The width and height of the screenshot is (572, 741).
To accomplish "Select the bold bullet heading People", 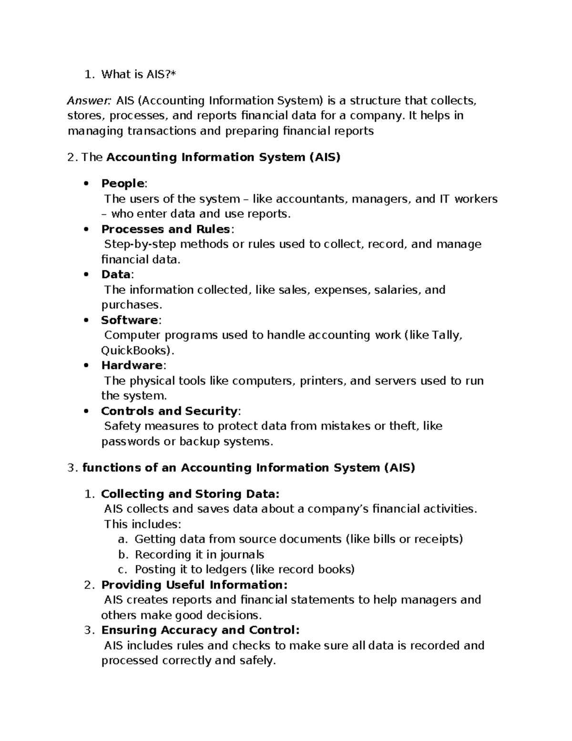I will coord(123,184).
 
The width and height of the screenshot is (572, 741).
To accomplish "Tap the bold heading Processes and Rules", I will coord(166,229).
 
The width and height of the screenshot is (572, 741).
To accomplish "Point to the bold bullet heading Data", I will coord(116,274).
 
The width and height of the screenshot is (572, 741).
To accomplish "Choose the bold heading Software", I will coord(130,320).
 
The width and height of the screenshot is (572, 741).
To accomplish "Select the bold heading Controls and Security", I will coord(169,411).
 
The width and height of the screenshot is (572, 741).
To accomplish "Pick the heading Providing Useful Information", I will coord(194,584).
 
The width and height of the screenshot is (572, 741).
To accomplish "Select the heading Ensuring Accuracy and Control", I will coord(200,630).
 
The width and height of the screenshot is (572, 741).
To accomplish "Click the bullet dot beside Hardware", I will coord(86,365).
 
